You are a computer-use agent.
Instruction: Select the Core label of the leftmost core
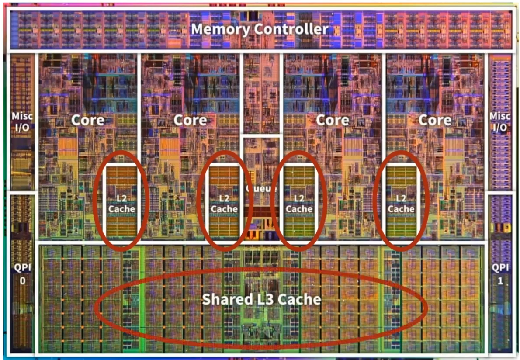pos(88,120)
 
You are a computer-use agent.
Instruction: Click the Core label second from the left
pos(190,120)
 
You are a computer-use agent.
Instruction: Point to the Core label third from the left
pos(332,120)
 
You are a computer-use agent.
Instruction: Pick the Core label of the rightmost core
pos(435,120)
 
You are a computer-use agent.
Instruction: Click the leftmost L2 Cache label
pos(122,204)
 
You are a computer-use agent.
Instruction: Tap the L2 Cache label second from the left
pos(224,204)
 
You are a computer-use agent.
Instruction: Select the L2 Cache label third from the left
pos(299,204)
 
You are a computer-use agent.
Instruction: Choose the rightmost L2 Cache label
pos(401,204)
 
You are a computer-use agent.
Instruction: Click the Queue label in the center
pos(261,189)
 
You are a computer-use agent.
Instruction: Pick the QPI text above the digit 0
pos(22,267)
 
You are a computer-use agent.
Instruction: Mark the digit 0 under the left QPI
pos(22,281)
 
